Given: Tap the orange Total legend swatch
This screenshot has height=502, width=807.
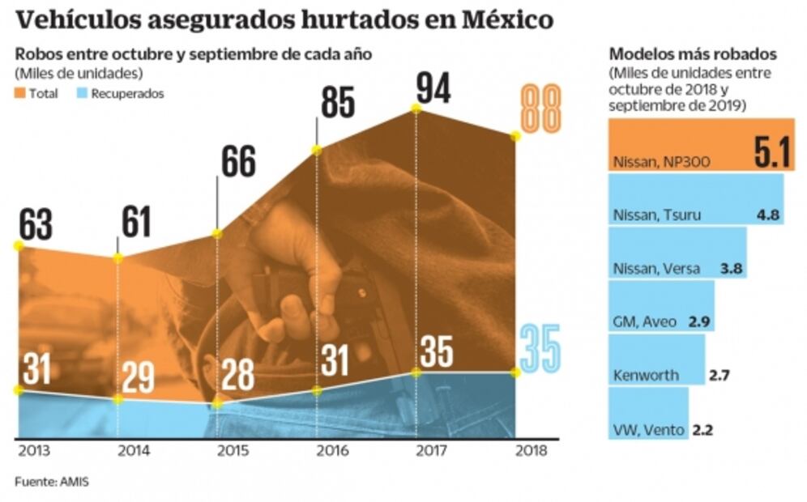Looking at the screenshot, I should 20,94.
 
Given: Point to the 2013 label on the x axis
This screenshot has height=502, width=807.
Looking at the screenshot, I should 32,451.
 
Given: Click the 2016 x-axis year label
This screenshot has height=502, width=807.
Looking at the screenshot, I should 330,451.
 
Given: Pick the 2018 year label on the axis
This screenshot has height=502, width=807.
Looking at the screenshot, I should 531,451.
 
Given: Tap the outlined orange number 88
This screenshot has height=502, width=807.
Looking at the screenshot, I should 540,109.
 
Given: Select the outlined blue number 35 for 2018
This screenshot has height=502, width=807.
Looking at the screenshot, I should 540,347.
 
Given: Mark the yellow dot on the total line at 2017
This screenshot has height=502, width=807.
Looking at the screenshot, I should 416,108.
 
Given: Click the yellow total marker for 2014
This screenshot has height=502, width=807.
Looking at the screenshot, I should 118,257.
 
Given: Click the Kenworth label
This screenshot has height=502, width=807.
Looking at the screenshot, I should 645,376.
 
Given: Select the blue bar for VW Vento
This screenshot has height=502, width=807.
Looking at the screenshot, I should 648,413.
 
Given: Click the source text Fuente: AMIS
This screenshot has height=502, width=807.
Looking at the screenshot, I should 52,483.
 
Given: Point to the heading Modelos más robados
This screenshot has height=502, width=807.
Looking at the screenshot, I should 693,55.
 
